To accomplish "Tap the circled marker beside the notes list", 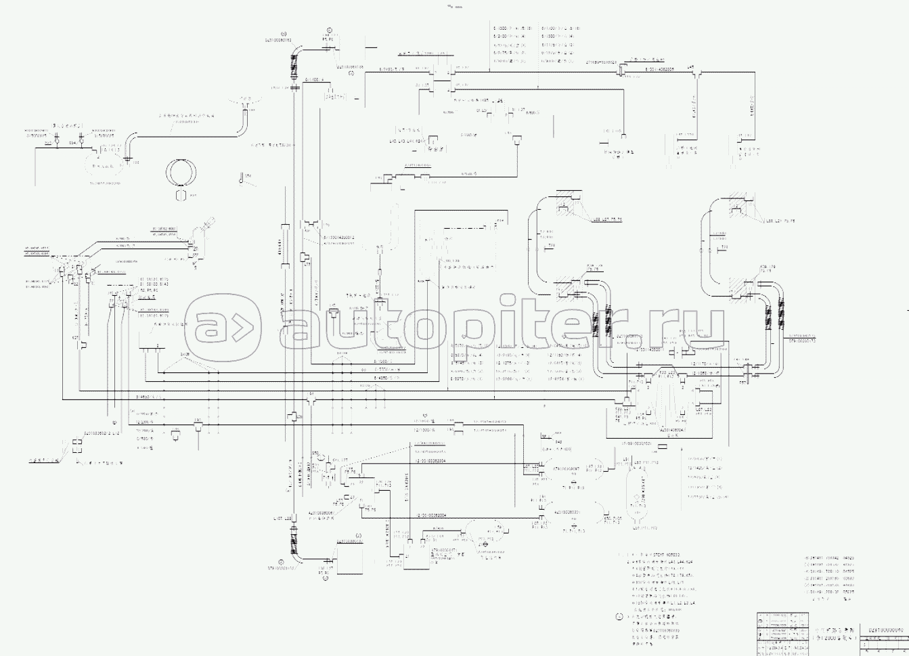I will point(619,617).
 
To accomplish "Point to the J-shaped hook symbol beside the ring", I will point(242,179).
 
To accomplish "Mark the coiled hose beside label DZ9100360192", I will point(294,68).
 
